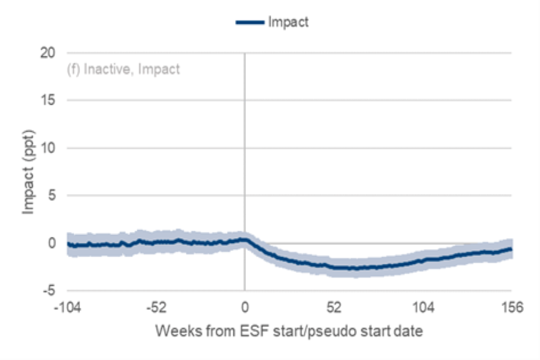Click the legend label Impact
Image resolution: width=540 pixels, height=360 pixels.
(x=289, y=22)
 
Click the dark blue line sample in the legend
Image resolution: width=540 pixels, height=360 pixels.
(x=249, y=22)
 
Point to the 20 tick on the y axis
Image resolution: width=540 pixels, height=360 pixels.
(x=48, y=53)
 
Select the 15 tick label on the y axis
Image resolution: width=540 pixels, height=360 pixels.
(x=48, y=101)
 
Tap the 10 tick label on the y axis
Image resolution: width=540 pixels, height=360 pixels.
(x=48, y=148)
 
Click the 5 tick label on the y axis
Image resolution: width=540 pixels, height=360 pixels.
(x=51, y=196)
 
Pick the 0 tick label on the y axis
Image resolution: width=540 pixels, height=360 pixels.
(x=51, y=243)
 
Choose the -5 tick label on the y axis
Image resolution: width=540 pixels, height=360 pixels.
(x=49, y=291)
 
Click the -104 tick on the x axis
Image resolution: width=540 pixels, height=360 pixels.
(x=67, y=308)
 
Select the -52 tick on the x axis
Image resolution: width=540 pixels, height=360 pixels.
(x=156, y=308)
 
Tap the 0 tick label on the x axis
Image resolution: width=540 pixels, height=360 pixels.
(x=245, y=308)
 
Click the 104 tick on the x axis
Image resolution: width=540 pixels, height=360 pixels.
(x=422, y=308)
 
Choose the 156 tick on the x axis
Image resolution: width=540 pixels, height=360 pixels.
(x=511, y=308)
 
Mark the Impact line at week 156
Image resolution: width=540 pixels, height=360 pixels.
(x=510, y=249)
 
